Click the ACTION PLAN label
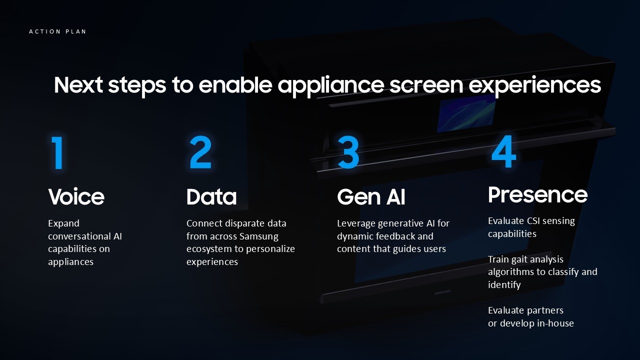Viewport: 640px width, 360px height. (x=57, y=31)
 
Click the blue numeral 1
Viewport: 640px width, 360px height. (x=57, y=153)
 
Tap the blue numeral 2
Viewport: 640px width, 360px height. (x=200, y=152)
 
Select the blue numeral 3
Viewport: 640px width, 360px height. (x=348, y=152)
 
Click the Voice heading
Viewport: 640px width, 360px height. (x=76, y=196)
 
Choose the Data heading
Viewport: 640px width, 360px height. (x=211, y=196)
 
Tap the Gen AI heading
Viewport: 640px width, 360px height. (x=371, y=196)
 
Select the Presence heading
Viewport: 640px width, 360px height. (x=537, y=194)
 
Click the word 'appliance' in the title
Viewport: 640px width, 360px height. (x=331, y=85)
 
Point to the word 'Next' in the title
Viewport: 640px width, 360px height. (x=78, y=85)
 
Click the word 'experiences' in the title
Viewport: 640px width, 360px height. (x=535, y=85)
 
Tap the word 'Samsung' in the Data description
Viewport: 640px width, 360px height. (x=259, y=236)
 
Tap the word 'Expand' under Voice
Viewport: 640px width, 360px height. (x=63, y=223)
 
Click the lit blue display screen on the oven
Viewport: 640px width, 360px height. (x=466, y=113)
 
